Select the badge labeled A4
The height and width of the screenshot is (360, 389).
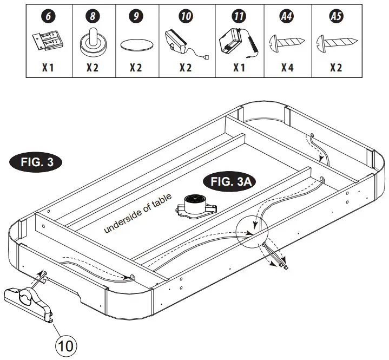coord(286,17)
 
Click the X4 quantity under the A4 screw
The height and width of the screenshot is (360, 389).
coord(287,69)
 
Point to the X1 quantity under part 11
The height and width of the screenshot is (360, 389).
coord(239,69)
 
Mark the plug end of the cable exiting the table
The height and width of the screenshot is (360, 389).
coord(283,266)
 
